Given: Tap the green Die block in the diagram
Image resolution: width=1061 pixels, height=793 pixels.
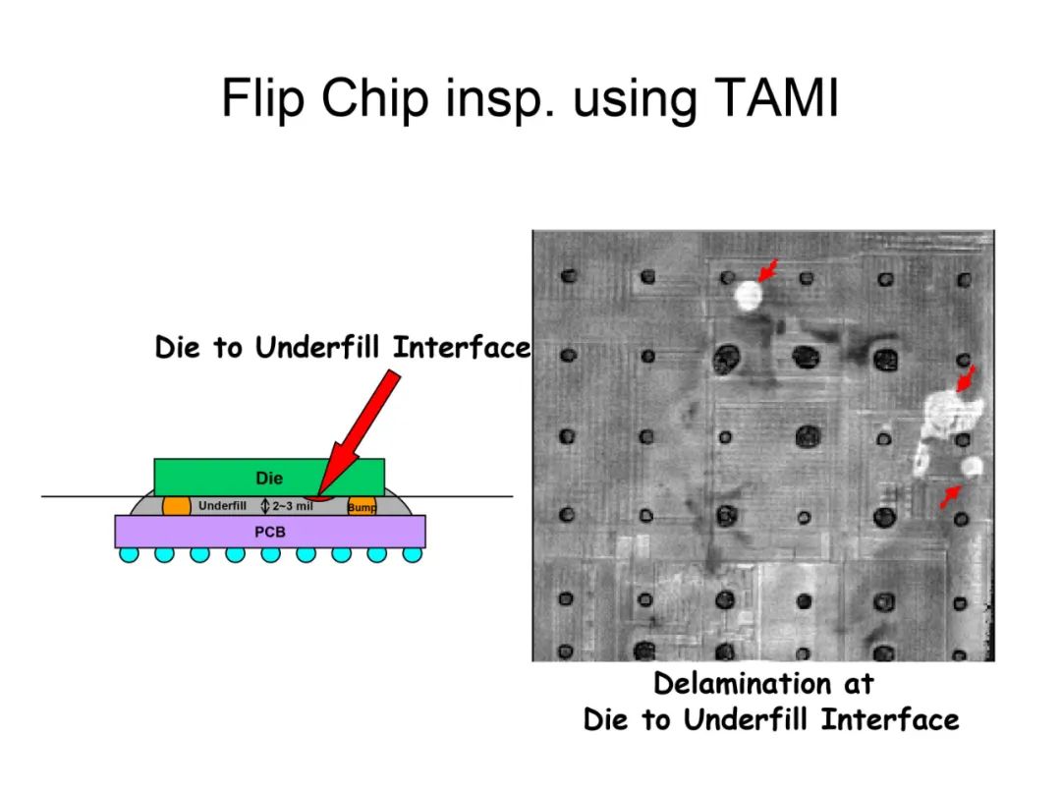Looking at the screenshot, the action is point(269,478).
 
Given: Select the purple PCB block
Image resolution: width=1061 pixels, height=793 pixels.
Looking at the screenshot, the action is point(270,532).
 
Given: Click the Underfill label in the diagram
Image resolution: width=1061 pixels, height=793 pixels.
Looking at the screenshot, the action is point(222,506).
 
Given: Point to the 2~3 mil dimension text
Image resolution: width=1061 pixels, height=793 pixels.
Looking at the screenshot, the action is point(293,506).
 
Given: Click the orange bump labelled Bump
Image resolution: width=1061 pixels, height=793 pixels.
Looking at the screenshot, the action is point(362,506).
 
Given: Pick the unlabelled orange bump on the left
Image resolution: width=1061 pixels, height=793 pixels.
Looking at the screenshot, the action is point(177,506).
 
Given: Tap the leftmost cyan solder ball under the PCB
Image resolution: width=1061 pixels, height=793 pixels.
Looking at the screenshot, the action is point(130,554).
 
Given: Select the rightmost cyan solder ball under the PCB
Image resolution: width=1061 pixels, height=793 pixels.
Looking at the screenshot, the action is point(412,554).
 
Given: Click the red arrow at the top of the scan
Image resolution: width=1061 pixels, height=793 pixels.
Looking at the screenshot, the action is point(768,270).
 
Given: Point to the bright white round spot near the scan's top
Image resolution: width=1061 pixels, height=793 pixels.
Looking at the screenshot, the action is point(749,296).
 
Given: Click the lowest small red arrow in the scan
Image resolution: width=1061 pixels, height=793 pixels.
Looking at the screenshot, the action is point(950,496).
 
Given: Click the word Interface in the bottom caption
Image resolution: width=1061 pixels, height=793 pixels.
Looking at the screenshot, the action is point(890,719).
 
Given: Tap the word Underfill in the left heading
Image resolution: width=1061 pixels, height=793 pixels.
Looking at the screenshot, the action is point(316,348).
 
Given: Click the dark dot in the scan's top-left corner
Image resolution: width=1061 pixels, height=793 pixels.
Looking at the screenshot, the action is point(569,275).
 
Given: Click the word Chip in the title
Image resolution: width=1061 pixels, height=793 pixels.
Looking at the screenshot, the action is point(374,99).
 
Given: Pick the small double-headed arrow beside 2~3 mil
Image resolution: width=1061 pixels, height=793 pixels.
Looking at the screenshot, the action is point(265,506).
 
